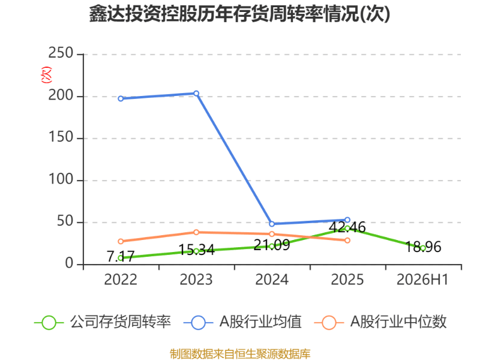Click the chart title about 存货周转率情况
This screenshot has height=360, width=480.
click(239, 14)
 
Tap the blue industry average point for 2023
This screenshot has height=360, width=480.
click(196, 94)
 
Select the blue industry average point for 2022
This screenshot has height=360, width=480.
click(121, 98)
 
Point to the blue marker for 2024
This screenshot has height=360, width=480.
click(272, 224)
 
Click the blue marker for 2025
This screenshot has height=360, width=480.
click(347, 220)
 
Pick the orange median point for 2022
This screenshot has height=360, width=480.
click(121, 241)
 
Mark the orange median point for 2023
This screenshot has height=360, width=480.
click(196, 232)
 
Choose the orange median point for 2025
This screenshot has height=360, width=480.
click(347, 241)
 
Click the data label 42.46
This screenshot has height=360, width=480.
click(347, 227)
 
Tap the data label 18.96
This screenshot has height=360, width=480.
click(423, 247)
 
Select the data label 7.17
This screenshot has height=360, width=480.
click(121, 256)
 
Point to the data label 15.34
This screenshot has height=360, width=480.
click(196, 250)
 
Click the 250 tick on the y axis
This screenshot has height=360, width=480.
click(61, 53)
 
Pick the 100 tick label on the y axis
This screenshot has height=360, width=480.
click(61, 179)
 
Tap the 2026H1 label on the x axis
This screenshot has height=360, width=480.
click(423, 280)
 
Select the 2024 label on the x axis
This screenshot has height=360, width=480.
click(272, 280)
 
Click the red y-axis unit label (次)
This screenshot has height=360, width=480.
click(46, 74)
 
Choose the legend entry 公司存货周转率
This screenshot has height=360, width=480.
click(103, 322)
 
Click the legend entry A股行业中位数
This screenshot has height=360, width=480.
click(380, 322)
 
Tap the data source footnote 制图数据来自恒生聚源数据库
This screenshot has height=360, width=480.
click(240, 354)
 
